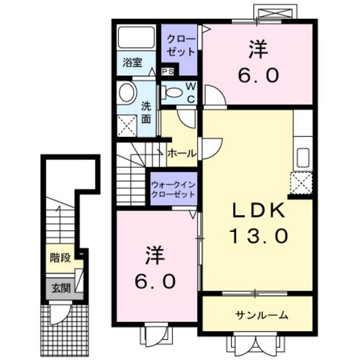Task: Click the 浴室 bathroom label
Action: tap(132, 63)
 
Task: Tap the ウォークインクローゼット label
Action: tap(173, 188)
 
